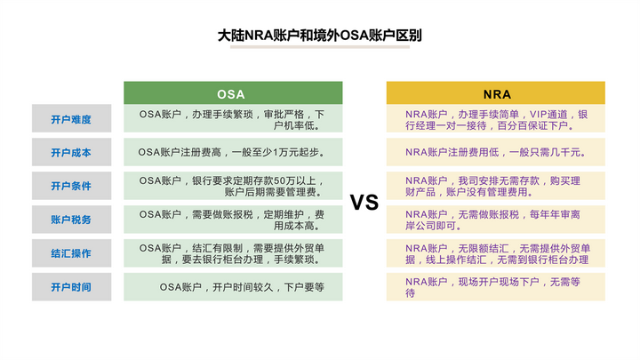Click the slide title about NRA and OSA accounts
(320, 37)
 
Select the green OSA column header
(232, 93)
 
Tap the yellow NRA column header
(496, 93)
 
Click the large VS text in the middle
(364, 203)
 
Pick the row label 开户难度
(71, 119)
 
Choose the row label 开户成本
(71, 152)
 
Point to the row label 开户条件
(71, 186)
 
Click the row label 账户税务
(71, 220)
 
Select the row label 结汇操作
(71, 253)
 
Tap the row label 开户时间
(71, 286)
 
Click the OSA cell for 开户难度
(232, 119)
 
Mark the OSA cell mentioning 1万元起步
(232, 152)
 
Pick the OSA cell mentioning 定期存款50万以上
(232, 186)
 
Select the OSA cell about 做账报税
(232, 220)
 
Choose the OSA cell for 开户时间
(232, 286)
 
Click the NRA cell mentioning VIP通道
(496, 119)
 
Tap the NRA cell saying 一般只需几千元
(496, 152)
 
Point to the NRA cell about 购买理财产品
(496, 186)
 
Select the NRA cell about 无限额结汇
(496, 253)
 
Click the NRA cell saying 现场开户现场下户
(496, 286)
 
